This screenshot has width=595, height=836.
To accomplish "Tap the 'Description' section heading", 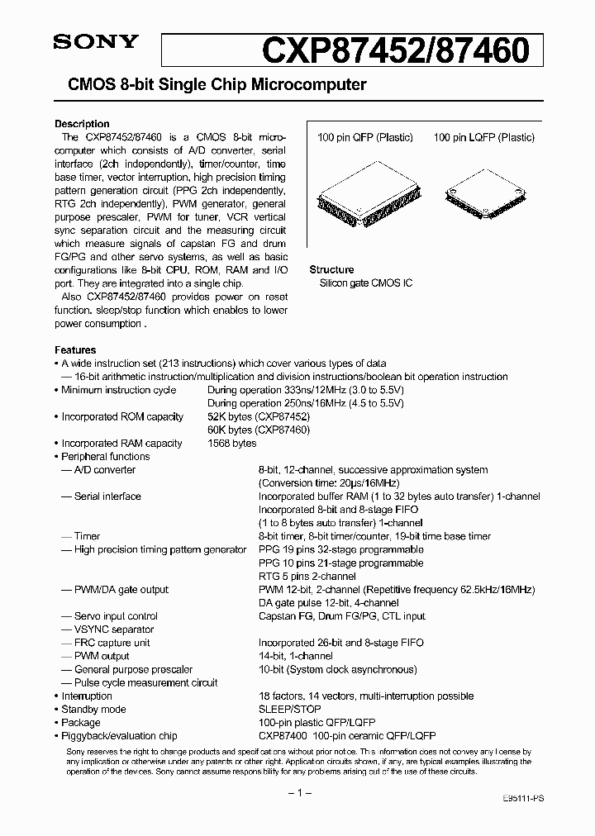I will [x=82, y=124].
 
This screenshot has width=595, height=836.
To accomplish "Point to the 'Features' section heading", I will [x=75, y=350].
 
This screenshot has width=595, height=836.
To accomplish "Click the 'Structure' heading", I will [x=331, y=270].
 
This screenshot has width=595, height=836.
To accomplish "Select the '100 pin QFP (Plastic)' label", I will [x=364, y=138].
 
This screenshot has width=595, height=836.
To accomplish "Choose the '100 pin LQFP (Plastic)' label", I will [x=484, y=138].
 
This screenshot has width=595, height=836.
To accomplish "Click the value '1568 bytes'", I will [x=232, y=444].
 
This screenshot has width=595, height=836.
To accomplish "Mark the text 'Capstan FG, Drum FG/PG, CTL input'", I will [x=342, y=616].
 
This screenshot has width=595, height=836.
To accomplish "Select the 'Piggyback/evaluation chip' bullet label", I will [x=119, y=736].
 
